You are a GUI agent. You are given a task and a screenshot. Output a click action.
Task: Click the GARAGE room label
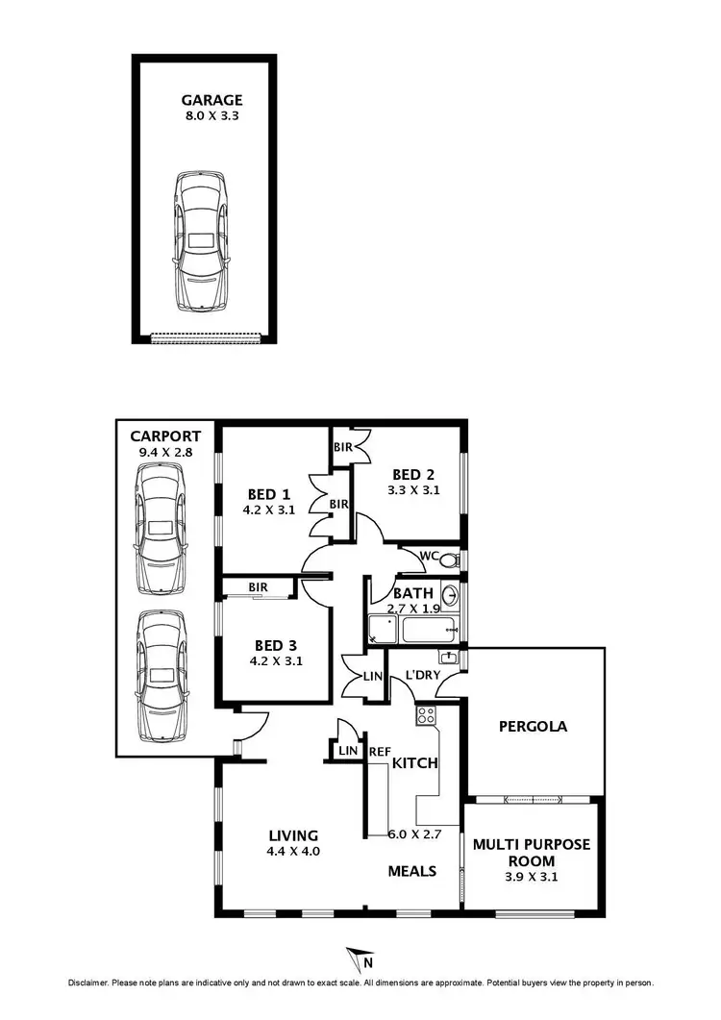click(x=212, y=100)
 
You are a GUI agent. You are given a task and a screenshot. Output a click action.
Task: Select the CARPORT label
click(x=166, y=435)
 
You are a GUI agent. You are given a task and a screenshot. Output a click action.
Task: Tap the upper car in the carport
click(x=161, y=529)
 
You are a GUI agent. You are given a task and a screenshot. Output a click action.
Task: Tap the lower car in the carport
click(x=161, y=677)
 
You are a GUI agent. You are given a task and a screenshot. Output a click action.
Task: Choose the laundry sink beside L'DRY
click(x=448, y=658)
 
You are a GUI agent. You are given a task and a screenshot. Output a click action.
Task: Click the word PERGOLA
click(x=533, y=726)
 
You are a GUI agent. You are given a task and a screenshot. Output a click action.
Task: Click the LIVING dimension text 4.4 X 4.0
click(x=293, y=851)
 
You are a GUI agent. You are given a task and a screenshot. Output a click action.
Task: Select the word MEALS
click(x=411, y=871)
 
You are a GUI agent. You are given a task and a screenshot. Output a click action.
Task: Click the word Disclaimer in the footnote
click(x=89, y=983)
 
